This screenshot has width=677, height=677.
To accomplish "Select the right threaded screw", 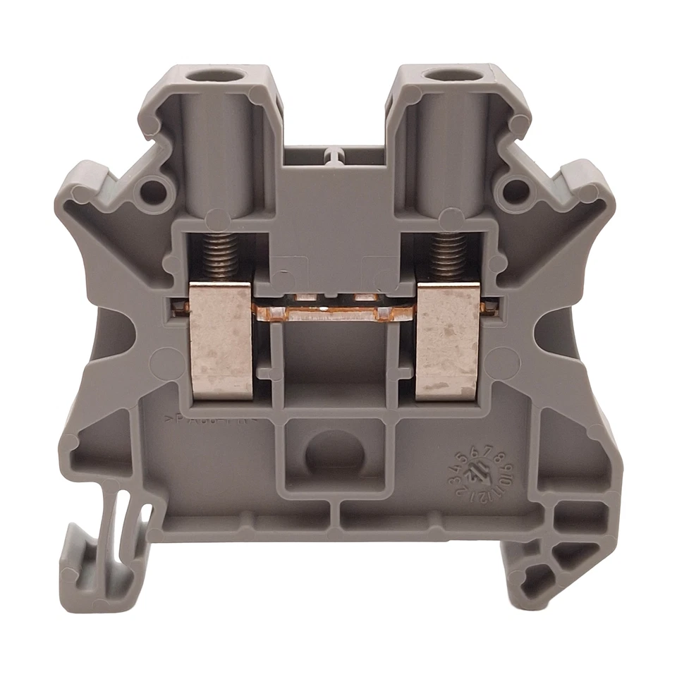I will pos(451,258).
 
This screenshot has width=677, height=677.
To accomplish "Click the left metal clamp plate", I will pos(221,339).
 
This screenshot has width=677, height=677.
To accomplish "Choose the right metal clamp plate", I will pos(449,339).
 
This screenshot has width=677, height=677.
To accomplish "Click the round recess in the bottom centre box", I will pos(334,456).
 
